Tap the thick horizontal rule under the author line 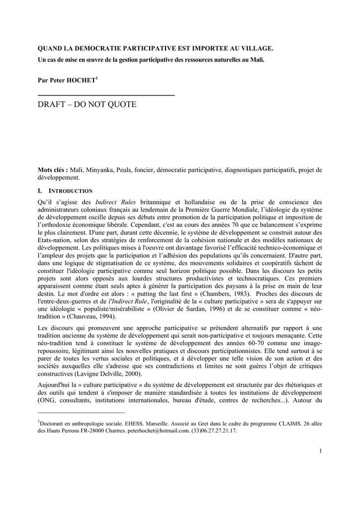[x=106, y=94]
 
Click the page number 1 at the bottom [x=321, y=451]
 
